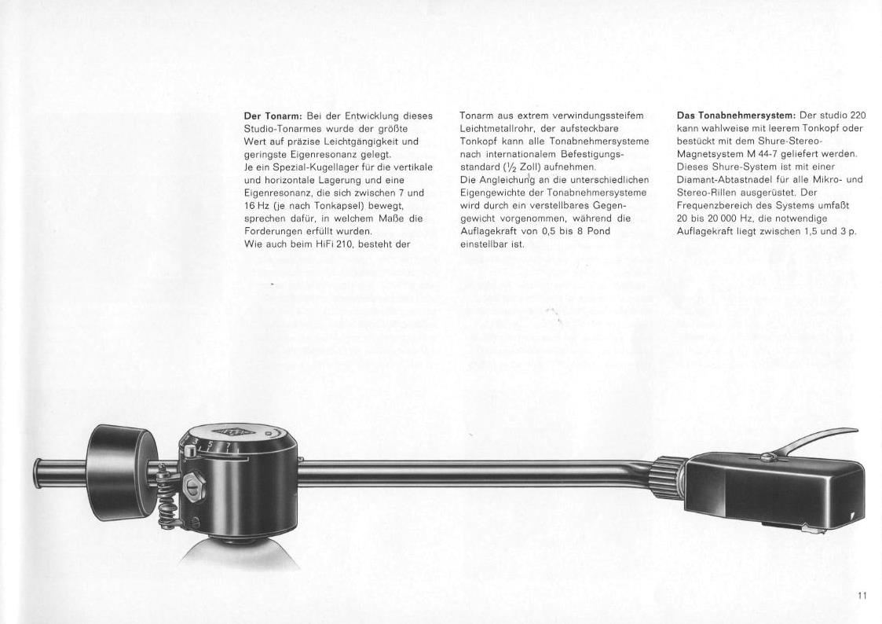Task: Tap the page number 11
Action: point(862,596)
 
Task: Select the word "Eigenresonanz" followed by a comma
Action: point(275,193)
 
